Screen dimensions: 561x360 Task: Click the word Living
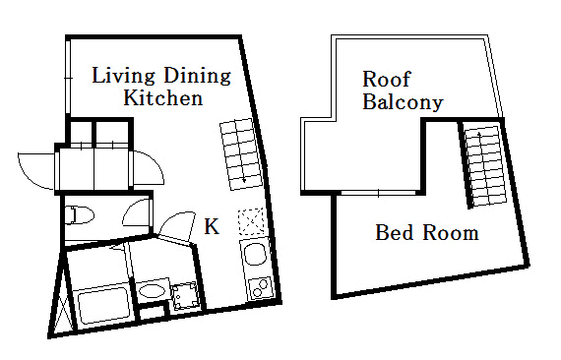tap(123, 76)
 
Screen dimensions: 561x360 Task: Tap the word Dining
tap(197, 76)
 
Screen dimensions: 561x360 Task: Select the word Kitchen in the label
tap(163, 97)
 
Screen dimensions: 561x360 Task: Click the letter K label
tap(212, 226)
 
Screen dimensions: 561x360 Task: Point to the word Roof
tap(387, 79)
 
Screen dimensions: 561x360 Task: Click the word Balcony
tap(403, 102)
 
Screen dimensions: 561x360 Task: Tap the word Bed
tap(395, 232)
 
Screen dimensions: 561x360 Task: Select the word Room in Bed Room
tap(451, 232)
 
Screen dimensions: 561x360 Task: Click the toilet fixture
tap(79, 215)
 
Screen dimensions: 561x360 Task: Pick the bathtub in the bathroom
tap(103, 305)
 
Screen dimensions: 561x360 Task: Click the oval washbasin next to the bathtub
tap(153, 290)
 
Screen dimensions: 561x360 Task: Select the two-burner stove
tap(260, 288)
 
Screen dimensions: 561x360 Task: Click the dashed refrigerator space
tap(252, 221)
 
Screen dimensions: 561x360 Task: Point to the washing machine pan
tap(185, 296)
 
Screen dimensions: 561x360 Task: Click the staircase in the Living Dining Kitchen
tap(241, 154)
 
